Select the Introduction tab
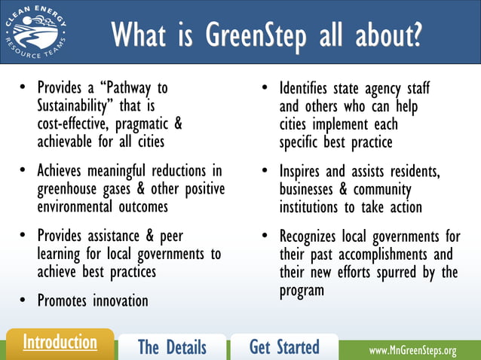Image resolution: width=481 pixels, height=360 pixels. click(x=60, y=343)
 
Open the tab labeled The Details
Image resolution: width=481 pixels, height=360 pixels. click(x=172, y=347)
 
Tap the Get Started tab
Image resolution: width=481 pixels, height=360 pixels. click(x=284, y=347)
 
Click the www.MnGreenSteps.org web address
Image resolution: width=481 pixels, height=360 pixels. click(x=412, y=350)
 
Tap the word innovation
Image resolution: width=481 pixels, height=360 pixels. click(x=121, y=301)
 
